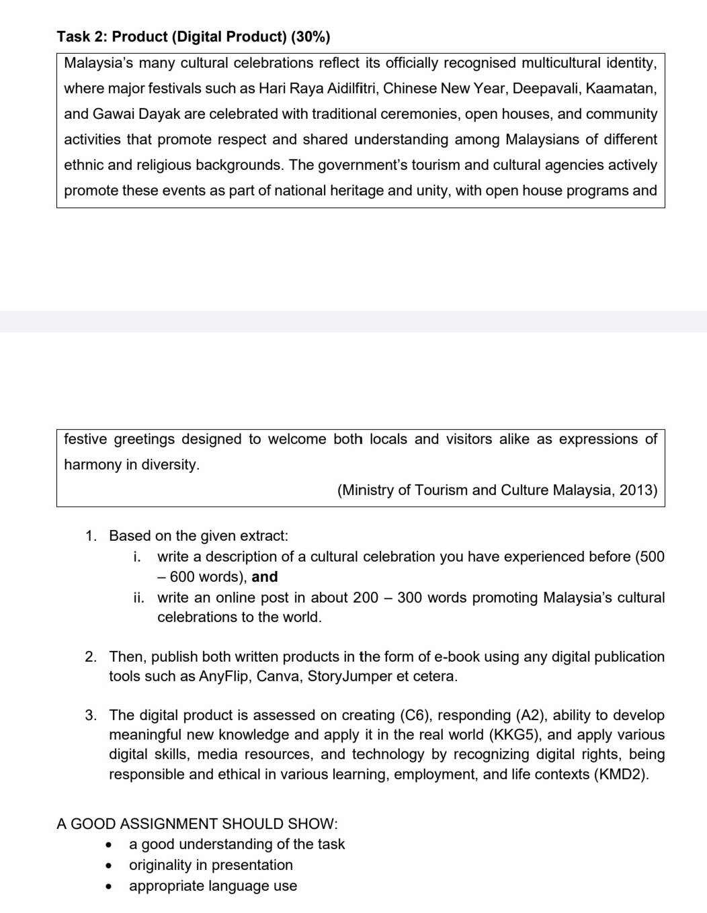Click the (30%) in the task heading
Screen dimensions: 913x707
point(310,37)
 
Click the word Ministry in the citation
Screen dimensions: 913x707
point(370,490)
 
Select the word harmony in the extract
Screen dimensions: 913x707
point(93,465)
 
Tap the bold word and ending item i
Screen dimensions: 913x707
point(265,577)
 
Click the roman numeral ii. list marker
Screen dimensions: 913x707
point(138,598)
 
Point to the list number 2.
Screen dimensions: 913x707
point(91,657)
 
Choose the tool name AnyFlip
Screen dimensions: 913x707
point(224,677)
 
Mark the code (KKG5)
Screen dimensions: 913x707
point(515,735)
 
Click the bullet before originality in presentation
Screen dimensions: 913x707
point(108,866)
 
